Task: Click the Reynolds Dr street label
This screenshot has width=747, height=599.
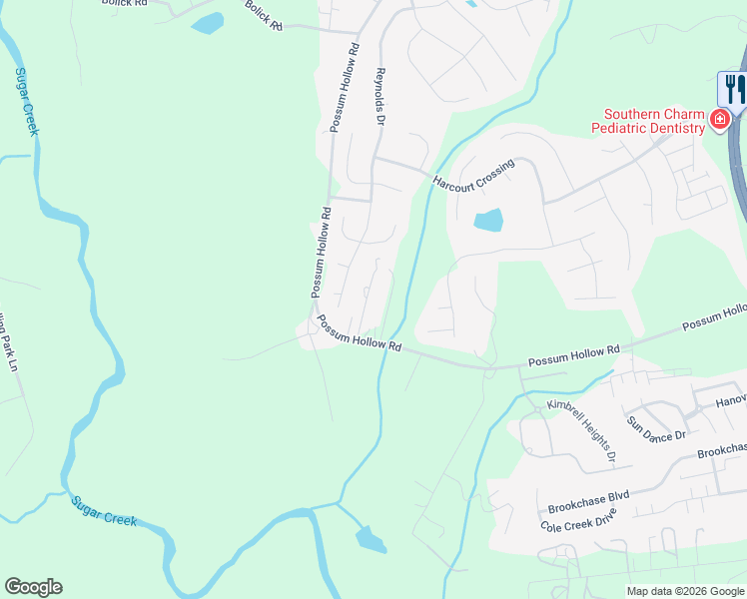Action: (379, 97)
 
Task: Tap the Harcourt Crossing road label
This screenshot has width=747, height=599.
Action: (473, 173)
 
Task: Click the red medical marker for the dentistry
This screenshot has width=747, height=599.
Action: (718, 121)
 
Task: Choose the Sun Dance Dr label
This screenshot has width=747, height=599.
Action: (656, 428)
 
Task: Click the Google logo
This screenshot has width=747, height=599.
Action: (33, 587)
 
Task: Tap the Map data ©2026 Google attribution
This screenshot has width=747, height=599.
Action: (685, 591)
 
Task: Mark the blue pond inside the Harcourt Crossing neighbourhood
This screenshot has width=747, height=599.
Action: (487, 221)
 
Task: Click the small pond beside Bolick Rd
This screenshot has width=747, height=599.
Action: (208, 23)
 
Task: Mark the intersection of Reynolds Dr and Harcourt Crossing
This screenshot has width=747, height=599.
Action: (374, 158)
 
